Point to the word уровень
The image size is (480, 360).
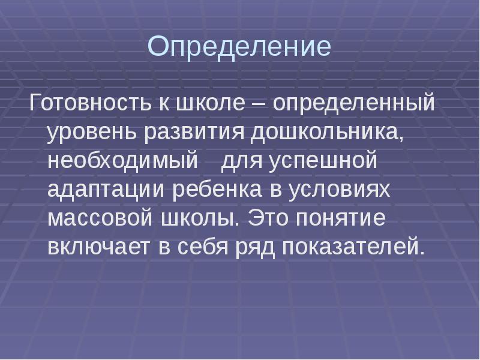tap(92, 133)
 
